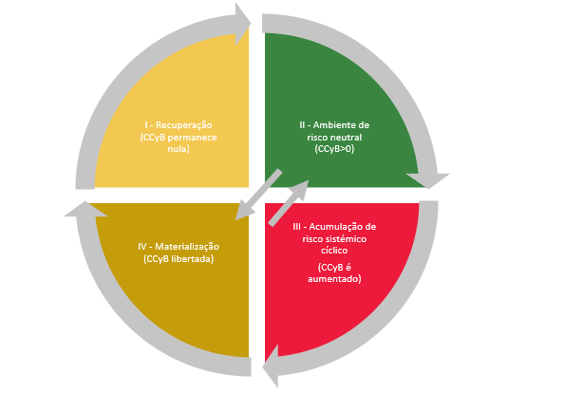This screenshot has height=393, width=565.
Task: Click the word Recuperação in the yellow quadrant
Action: click(184, 125)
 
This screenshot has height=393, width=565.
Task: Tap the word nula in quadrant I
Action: click(178, 148)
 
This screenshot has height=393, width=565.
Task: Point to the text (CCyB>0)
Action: click(334, 149)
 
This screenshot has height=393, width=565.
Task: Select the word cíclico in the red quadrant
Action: click(334, 251)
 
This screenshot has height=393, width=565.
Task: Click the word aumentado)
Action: click(334, 279)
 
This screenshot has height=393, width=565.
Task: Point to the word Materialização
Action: click(187, 247)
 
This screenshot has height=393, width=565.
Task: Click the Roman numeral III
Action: click(296, 227)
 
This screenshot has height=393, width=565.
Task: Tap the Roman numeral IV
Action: click(142, 247)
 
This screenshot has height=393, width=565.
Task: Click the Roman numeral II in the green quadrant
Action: click(302, 125)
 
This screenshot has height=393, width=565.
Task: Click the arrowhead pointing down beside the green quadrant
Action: click(428, 180)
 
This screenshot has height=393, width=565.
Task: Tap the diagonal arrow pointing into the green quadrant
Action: click(289, 203)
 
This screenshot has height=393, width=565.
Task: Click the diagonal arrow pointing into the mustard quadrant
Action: click(258, 195)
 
